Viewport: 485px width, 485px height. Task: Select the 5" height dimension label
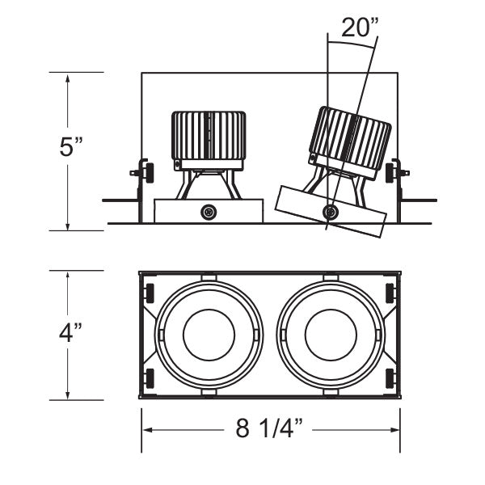[x=71, y=148]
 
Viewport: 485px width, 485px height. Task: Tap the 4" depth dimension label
[x=71, y=334]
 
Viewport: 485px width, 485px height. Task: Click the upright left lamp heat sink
[x=208, y=136]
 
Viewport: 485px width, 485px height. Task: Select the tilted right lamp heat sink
[x=351, y=141]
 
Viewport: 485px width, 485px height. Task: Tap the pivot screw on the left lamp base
[x=209, y=212]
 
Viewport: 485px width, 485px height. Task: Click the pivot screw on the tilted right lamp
[x=330, y=212]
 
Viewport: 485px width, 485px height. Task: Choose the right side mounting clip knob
[x=392, y=171]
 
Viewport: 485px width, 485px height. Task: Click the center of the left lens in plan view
[x=209, y=334]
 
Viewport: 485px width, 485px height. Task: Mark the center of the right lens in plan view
[x=330, y=334]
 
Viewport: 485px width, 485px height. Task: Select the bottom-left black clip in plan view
[x=149, y=376]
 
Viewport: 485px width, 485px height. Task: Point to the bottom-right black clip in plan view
[x=390, y=376]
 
